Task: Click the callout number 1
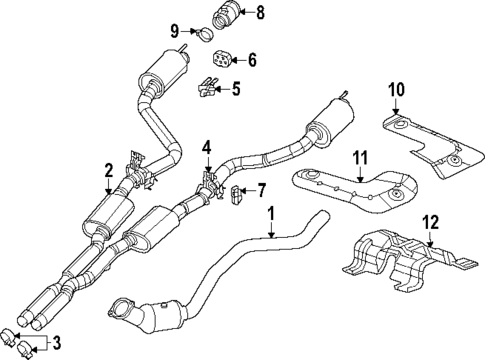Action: coord(270,212)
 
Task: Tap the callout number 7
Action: coord(262,189)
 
